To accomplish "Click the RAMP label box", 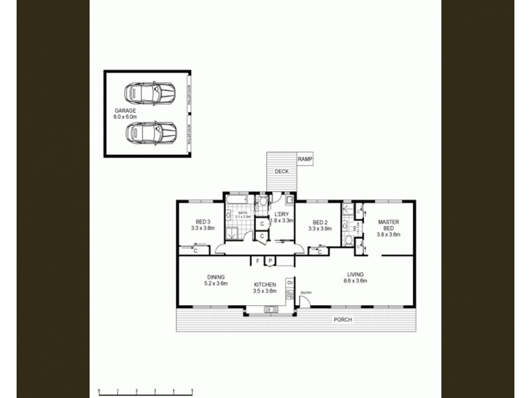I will (x=305, y=159).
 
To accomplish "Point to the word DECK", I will (x=281, y=171).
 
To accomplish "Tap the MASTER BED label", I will (x=388, y=226).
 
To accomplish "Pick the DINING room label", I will (x=216, y=277).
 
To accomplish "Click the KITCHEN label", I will (x=265, y=285).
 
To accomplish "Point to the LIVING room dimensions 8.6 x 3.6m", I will (x=355, y=281).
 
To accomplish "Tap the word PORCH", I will (x=343, y=320).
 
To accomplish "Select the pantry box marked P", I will (x=270, y=261).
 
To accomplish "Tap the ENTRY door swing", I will (x=305, y=300).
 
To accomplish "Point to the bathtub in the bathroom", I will (x=236, y=200).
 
